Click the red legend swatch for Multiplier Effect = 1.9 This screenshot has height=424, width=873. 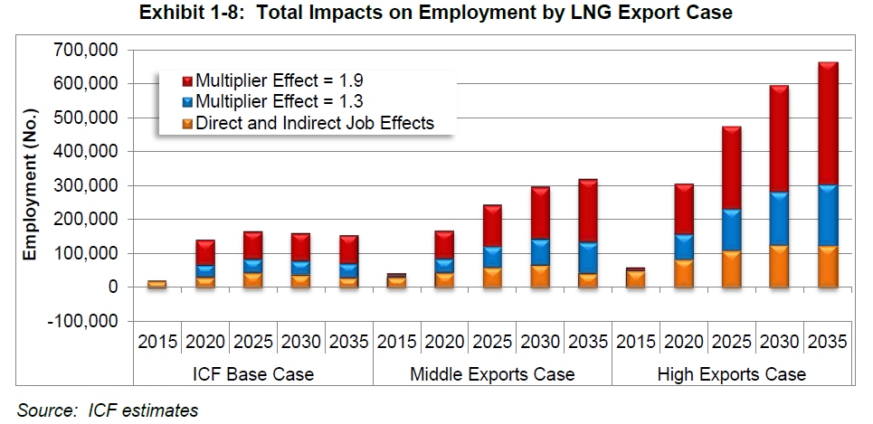click(186, 80)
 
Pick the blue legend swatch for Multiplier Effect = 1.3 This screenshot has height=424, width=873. click(186, 101)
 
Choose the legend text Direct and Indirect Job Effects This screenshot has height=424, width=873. click(315, 122)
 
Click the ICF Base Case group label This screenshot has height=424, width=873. click(253, 373)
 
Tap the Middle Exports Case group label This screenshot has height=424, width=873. click(492, 373)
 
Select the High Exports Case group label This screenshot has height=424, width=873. click(731, 373)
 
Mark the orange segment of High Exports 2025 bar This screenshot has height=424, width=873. click(732, 269)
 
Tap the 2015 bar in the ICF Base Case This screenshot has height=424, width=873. click(157, 284)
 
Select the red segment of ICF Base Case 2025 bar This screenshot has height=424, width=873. click(253, 245)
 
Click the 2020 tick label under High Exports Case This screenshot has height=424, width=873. click(683, 342)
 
